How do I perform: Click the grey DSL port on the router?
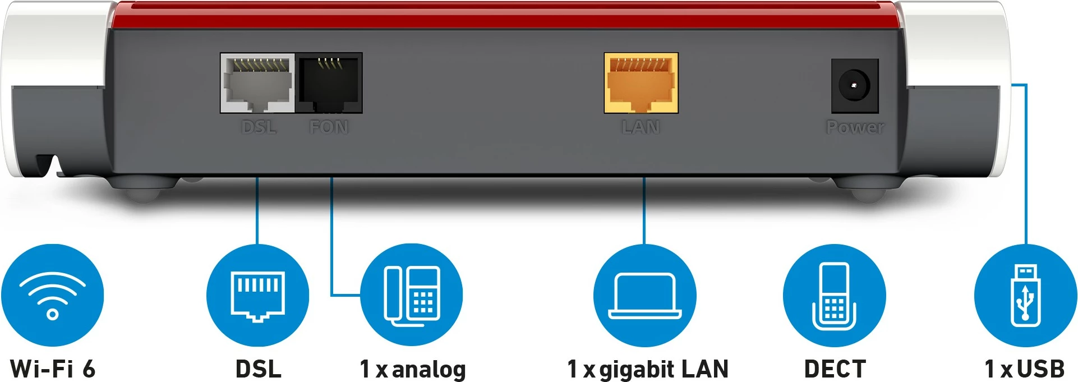coord(257,83)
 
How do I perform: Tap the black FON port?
coord(329,83)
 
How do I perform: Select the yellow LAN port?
coord(641,83)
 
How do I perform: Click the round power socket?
coord(854,86)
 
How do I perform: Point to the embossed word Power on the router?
coord(855,127)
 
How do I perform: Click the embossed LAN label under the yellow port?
coord(641,127)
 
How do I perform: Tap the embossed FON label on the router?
coord(329,127)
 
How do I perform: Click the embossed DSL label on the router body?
coord(259,127)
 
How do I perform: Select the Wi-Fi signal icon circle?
coord(52,295)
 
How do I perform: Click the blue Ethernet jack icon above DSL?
coord(257,295)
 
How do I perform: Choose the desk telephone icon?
coord(411,295)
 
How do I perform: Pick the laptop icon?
coord(644,295)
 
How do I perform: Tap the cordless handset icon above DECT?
coord(834,295)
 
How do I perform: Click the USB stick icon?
coord(1025,295)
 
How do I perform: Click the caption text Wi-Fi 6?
coord(53,369)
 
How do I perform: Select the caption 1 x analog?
coord(413,369)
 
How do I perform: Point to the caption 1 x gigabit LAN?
coord(648,369)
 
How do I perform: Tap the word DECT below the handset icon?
coord(835,369)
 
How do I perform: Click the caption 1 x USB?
coord(1025,369)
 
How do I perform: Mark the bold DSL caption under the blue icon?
coord(258,369)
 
